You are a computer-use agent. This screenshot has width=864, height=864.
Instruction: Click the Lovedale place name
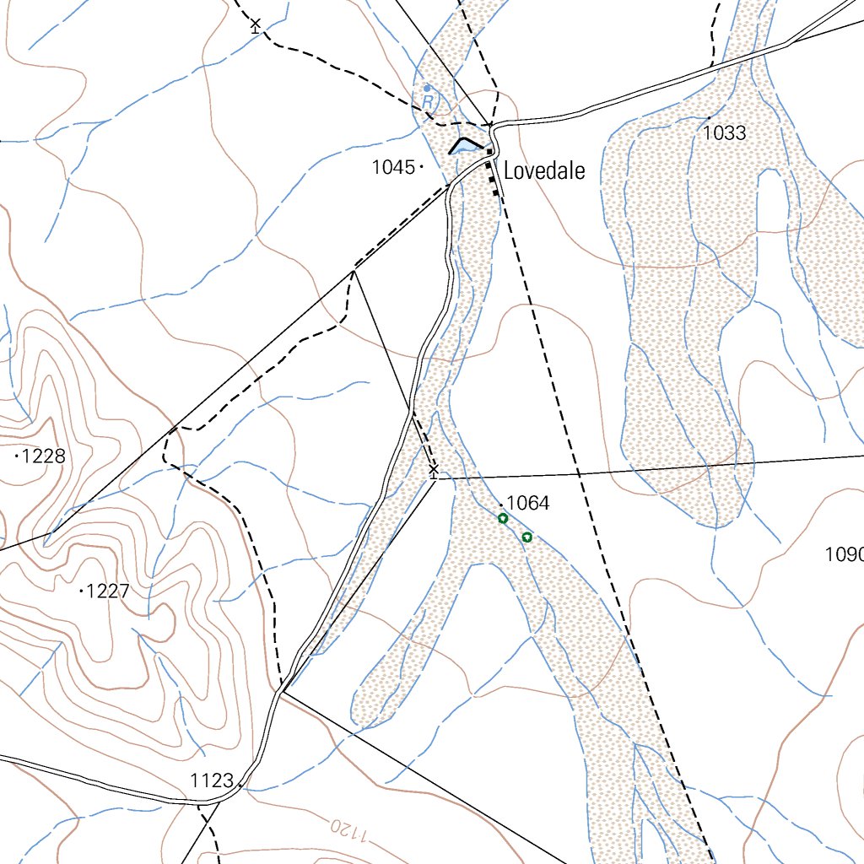[544, 172]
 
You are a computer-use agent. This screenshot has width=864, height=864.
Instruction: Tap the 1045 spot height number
[393, 168]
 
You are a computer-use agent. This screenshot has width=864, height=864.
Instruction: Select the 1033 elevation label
[724, 133]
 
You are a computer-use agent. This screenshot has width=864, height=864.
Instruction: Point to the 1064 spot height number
[529, 504]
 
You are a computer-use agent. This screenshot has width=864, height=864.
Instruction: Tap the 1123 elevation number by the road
[212, 780]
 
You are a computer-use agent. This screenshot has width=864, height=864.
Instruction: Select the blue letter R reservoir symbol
[428, 101]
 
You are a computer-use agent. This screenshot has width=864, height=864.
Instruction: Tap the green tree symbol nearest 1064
[503, 519]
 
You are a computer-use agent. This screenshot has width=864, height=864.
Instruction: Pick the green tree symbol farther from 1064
[527, 537]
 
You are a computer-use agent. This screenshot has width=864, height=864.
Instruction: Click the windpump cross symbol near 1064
[434, 469]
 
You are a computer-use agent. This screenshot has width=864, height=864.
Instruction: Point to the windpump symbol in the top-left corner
[256, 25]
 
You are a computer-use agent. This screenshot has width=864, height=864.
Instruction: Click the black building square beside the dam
[489, 151]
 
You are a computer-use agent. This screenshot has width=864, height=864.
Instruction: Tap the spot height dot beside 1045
[421, 168]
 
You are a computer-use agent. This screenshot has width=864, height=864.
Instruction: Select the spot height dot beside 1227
[81, 591]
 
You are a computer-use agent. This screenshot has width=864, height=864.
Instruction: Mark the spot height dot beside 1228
[17, 456]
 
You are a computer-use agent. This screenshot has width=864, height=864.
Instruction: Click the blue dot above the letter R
[427, 88]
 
